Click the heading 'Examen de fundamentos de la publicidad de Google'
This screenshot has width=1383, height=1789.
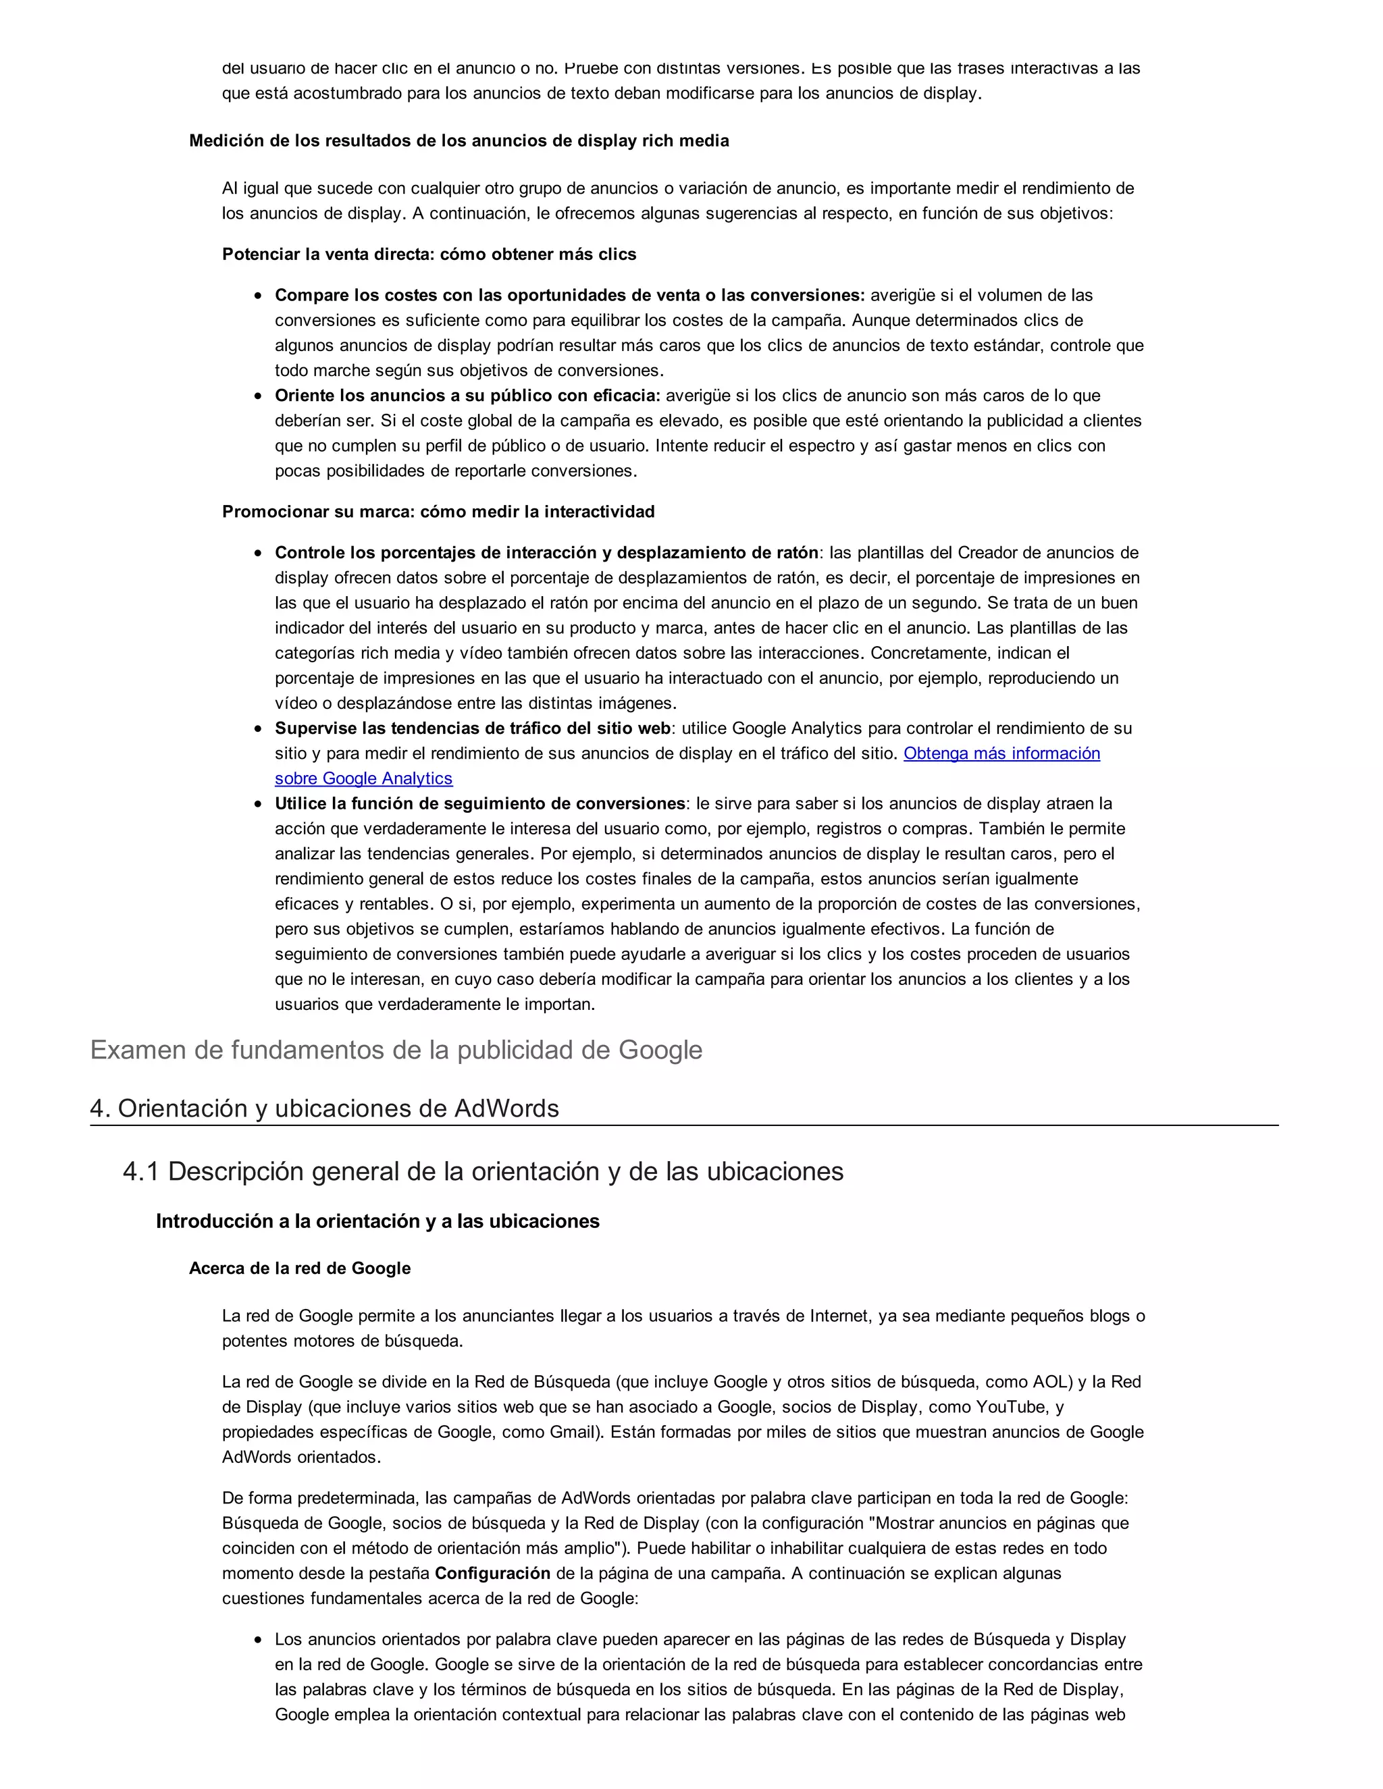(x=396, y=1050)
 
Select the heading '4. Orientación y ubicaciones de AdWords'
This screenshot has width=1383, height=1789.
(x=324, y=1109)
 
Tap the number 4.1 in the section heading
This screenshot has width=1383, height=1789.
(x=141, y=1171)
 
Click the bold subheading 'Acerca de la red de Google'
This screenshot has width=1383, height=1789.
(x=300, y=1268)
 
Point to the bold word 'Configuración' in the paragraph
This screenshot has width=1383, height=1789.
(x=492, y=1573)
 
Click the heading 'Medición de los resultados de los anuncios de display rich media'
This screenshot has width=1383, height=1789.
(x=459, y=141)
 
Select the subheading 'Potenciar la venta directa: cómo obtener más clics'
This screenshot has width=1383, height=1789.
(x=429, y=254)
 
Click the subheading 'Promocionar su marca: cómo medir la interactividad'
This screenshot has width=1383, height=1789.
(x=438, y=512)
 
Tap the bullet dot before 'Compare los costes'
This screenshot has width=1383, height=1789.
(x=258, y=296)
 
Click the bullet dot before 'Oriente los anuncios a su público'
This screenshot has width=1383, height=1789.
(x=258, y=396)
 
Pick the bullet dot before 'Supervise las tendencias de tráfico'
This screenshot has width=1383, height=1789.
(x=258, y=729)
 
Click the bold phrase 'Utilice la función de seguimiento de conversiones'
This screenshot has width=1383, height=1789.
(x=480, y=803)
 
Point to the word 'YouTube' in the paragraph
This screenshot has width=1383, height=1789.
(x=1011, y=1408)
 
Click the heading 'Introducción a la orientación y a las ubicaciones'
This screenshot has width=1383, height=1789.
(x=377, y=1221)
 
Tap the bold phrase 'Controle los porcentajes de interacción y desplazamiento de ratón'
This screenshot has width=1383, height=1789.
(x=546, y=553)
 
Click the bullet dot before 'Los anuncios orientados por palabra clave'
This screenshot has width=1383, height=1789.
(x=258, y=1640)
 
